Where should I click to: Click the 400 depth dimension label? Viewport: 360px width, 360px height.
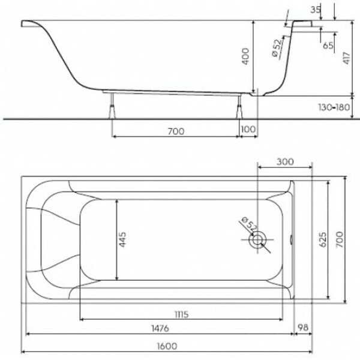click(245, 56)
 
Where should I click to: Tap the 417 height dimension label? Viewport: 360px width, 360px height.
click(346, 58)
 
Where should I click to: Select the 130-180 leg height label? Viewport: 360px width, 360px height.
click(334, 107)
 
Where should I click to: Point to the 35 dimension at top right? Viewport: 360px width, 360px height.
click(316, 10)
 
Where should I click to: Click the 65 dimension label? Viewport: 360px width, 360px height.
click(328, 46)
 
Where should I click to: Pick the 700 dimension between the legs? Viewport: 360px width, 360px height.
click(176, 131)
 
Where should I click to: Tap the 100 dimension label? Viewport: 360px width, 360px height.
click(248, 129)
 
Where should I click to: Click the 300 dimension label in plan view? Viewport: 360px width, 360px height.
click(285, 162)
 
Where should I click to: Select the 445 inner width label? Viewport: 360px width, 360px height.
click(122, 239)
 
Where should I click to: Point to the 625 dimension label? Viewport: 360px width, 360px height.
click(323, 239)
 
